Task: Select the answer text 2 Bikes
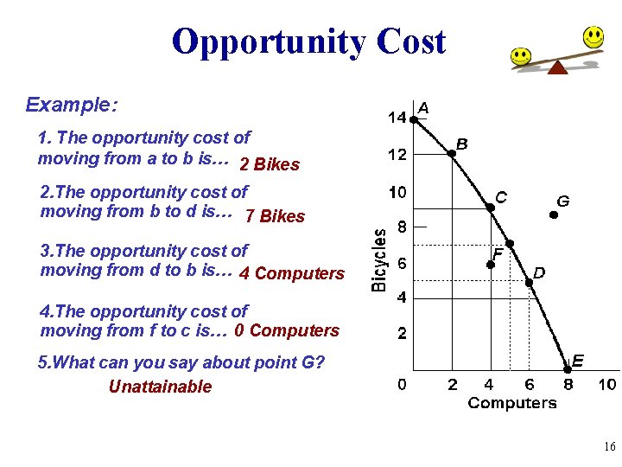pyautogui.click(x=270, y=164)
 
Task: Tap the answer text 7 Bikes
pyautogui.click(x=275, y=216)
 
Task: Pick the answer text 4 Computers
pyautogui.click(x=291, y=274)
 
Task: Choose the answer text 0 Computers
pyautogui.click(x=287, y=330)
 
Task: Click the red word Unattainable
pyautogui.click(x=160, y=387)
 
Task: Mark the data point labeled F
pyautogui.click(x=490, y=263)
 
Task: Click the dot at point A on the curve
pyautogui.click(x=413, y=120)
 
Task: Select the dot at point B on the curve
pyautogui.click(x=451, y=154)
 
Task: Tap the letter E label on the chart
pyautogui.click(x=578, y=360)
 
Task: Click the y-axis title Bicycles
pyautogui.click(x=378, y=259)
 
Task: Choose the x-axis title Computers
pyautogui.click(x=512, y=403)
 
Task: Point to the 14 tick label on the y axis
pyautogui.click(x=397, y=118)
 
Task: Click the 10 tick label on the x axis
pyautogui.click(x=607, y=385)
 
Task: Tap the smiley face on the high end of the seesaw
pyautogui.click(x=593, y=37)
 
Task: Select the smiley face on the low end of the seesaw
pyautogui.click(x=520, y=57)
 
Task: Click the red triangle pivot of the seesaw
pyautogui.click(x=557, y=67)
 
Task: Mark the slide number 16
pyautogui.click(x=609, y=447)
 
